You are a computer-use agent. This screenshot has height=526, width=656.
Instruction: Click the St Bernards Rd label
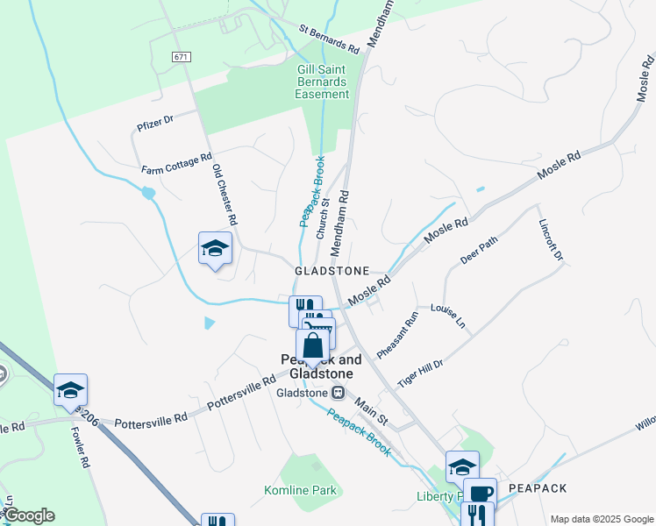(x=329, y=39)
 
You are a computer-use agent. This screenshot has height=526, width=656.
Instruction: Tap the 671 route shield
(x=182, y=57)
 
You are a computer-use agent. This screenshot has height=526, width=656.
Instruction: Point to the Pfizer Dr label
(x=155, y=121)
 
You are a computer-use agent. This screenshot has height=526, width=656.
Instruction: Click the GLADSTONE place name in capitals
(x=332, y=272)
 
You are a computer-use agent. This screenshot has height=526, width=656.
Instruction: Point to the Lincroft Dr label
(x=551, y=238)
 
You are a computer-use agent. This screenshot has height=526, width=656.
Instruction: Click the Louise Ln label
(x=447, y=316)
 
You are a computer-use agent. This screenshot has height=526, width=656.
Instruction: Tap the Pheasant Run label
(x=397, y=333)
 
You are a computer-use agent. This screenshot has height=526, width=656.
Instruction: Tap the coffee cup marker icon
(x=480, y=493)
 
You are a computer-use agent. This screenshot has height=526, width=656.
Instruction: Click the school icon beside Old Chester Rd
(x=215, y=249)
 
